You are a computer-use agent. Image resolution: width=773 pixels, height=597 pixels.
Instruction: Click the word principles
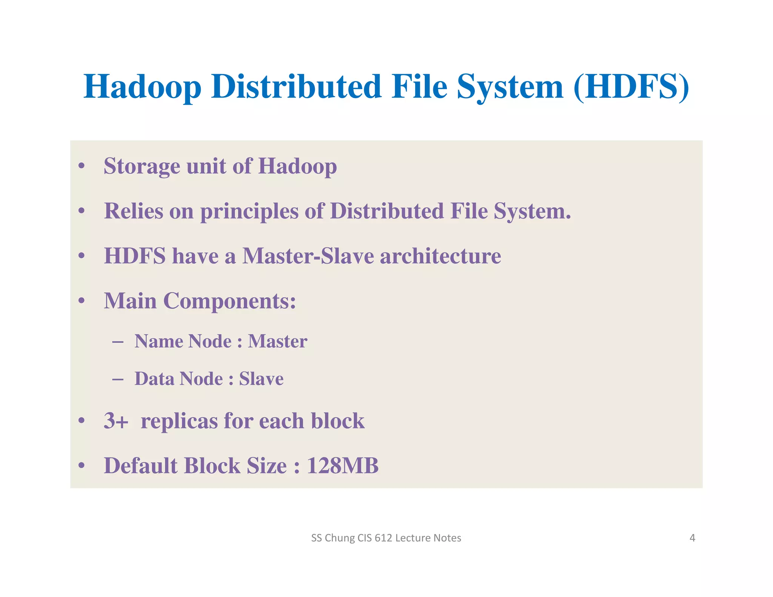coord(249,211)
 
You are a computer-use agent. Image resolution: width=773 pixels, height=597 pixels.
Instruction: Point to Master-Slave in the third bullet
coord(308,256)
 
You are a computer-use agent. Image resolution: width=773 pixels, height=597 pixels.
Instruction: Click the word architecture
coord(440,256)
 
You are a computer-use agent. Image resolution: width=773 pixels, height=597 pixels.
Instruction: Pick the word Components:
coord(229,301)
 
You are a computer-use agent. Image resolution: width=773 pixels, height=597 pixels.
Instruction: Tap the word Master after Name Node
coord(277,341)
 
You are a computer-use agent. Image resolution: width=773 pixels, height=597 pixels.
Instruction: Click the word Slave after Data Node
coord(261,379)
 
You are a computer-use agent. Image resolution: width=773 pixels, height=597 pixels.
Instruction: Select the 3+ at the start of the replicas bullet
coord(116,421)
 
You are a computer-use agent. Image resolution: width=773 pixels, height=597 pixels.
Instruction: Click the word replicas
coord(179,421)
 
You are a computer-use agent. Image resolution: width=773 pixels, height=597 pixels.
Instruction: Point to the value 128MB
coord(342,466)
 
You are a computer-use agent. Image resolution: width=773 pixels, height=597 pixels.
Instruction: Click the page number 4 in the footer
coord(692,538)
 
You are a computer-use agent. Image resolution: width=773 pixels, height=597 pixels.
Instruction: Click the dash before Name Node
coord(118,342)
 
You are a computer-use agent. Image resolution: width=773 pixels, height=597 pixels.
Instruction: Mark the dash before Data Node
coord(118,379)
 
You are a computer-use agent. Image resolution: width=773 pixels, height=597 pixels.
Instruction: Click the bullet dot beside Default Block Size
coord(82,466)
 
